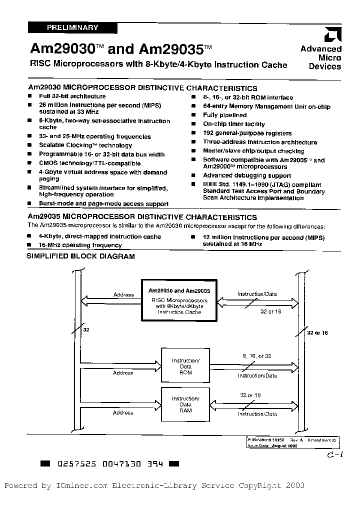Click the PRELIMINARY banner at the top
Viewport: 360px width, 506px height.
73,28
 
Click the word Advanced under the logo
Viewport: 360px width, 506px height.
321,49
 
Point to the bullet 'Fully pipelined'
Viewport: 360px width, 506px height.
224,115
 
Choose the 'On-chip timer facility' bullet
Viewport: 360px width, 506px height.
233,124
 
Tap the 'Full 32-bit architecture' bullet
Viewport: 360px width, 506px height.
72,96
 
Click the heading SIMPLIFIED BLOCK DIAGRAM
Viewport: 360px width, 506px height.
80,256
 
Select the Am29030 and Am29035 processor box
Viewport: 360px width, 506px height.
179,301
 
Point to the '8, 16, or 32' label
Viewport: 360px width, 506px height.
257,355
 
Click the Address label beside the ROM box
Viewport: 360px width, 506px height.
123,373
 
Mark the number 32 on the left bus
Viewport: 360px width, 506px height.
86,329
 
